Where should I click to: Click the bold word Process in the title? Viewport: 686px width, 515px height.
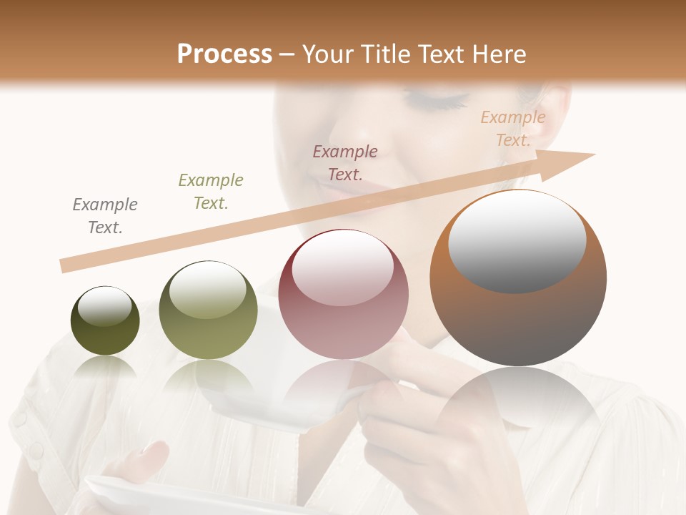point(224,54)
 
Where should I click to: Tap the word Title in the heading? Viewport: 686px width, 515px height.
point(381,54)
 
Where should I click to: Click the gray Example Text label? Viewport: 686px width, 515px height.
point(104,216)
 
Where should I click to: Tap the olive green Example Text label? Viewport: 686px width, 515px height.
point(211,192)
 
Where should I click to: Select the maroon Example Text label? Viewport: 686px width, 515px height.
point(345,163)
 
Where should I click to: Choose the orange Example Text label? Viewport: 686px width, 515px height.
point(513,129)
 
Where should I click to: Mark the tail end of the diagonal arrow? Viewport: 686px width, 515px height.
point(64,266)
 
